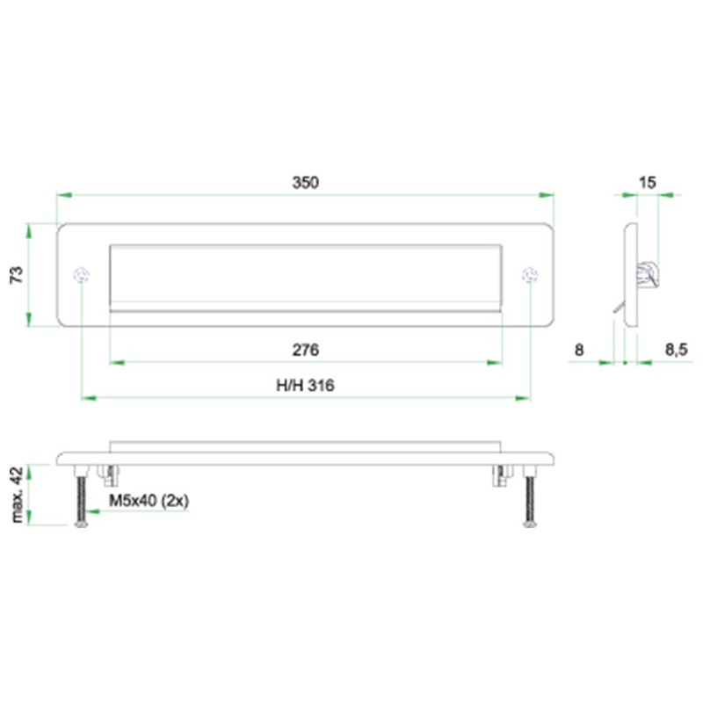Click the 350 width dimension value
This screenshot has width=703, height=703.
pos(305,182)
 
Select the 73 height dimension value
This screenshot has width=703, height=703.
pos(16,275)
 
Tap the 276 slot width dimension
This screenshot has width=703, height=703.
pos(305,350)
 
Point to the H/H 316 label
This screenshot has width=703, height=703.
pos(306,386)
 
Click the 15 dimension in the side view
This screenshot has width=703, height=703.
pos(648,182)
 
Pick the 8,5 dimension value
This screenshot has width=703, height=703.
pos(675,350)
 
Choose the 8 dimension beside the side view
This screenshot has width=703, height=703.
pos(578,350)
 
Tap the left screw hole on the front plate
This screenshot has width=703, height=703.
pos(82,275)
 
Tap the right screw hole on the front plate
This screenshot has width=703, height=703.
pos(529,275)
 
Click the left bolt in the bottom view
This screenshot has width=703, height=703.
pos(82,496)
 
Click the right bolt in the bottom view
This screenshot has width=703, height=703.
pos(529,496)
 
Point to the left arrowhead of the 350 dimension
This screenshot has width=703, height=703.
pos(61,195)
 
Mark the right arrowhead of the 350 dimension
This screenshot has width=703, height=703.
pos(550,195)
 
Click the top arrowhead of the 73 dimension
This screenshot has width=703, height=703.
pos(29,228)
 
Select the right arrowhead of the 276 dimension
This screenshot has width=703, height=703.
pos(497,361)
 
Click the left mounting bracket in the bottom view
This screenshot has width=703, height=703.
pos(108,475)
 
